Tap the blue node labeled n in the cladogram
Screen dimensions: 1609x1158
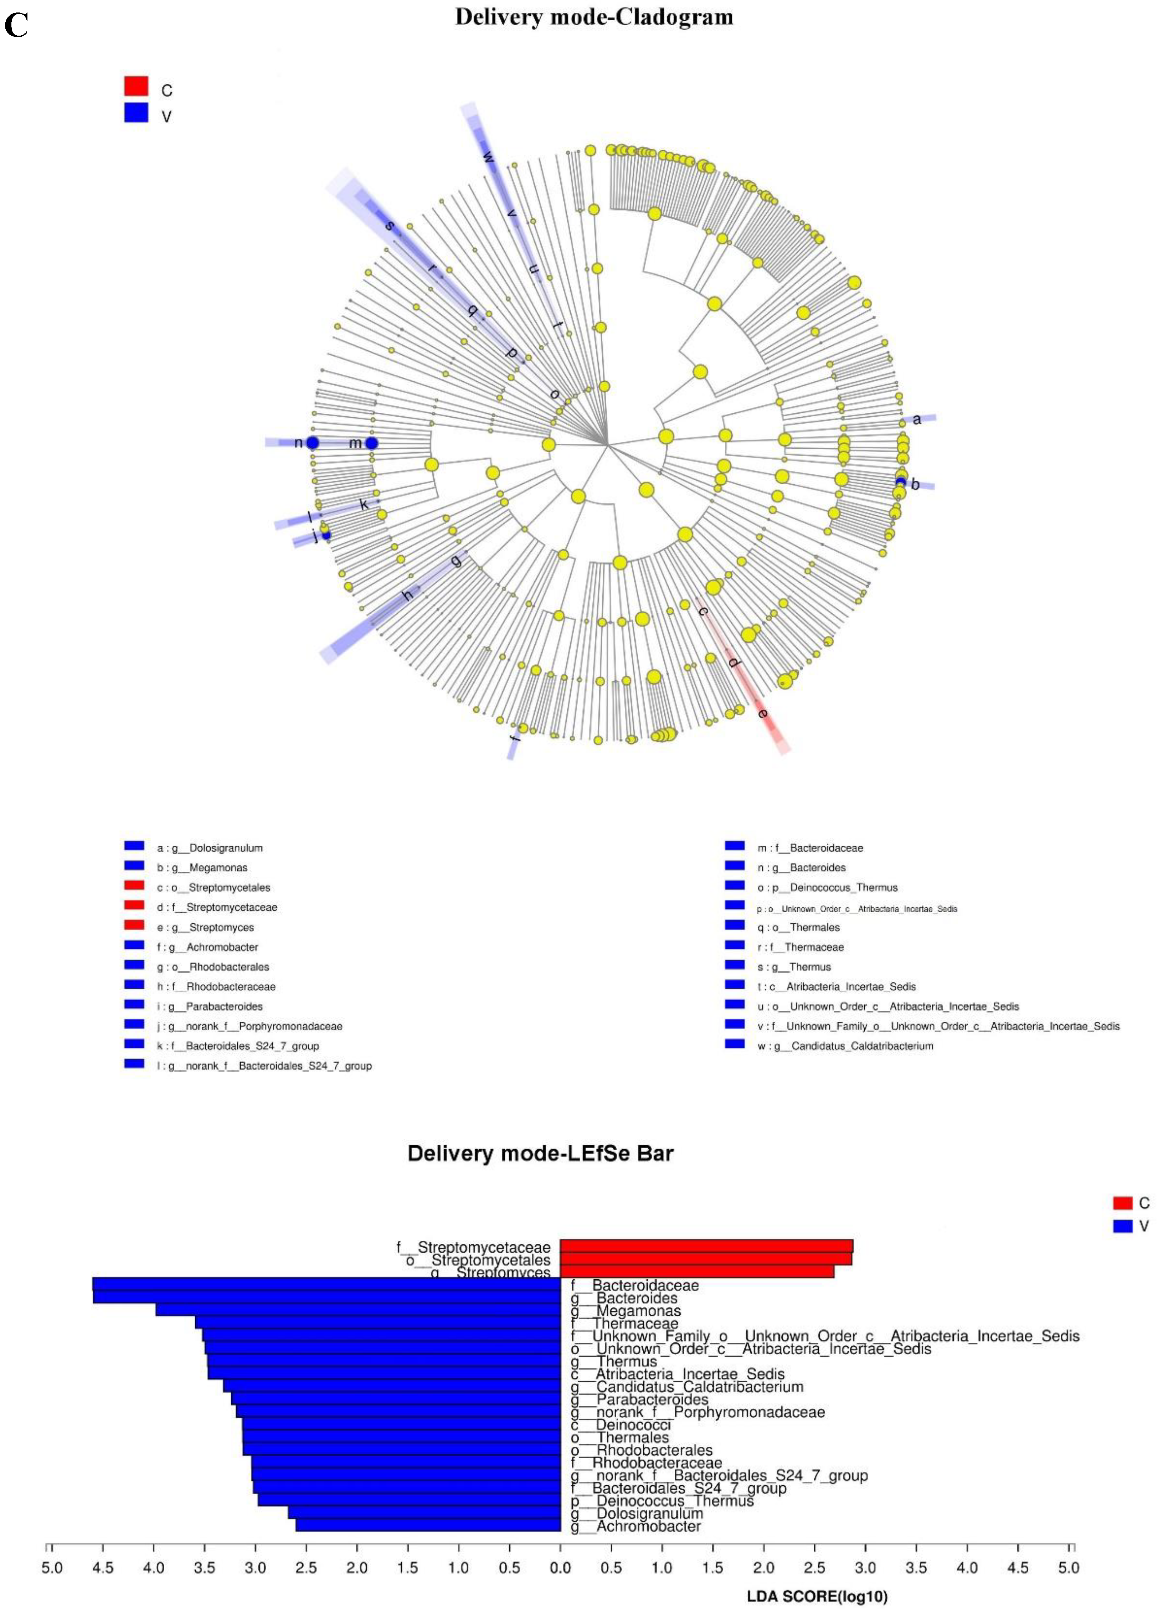(312, 443)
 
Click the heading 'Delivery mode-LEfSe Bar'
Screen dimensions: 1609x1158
(540, 1153)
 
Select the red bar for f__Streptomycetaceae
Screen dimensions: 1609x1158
(706, 1247)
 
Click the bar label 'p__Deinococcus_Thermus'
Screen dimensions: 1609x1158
(662, 1501)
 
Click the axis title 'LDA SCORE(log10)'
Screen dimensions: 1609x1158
(817, 1596)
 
